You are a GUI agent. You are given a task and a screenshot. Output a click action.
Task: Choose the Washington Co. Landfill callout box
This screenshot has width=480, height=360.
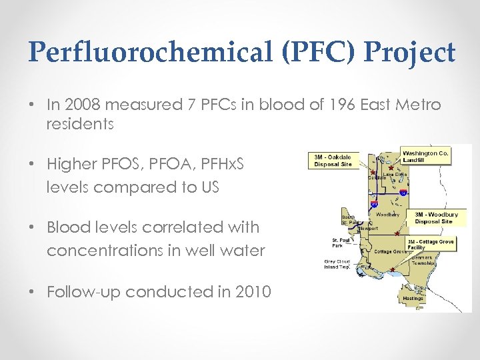coord(425,156)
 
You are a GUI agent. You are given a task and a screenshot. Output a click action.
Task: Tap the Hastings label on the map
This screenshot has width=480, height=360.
coord(413,299)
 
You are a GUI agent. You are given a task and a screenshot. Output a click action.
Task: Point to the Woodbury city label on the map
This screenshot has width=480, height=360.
coord(387,215)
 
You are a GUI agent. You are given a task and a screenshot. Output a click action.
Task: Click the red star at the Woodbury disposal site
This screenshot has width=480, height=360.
coord(397,233)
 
